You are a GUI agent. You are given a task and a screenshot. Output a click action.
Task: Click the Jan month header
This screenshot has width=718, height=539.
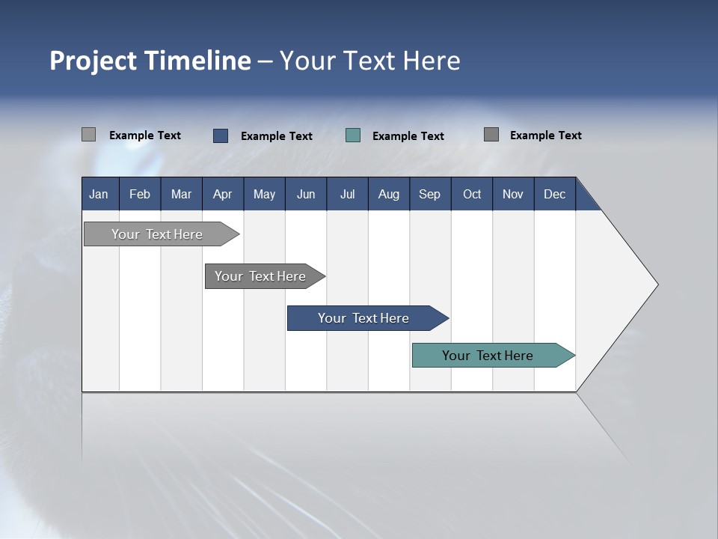point(99,194)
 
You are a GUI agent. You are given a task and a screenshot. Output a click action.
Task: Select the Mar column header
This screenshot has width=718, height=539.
point(181,194)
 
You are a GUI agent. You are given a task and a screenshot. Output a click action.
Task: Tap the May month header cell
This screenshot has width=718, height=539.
point(264,194)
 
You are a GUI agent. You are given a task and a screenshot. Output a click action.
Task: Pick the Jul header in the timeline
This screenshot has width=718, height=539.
point(347,194)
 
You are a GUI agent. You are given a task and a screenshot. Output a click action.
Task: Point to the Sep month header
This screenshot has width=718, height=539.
point(429,194)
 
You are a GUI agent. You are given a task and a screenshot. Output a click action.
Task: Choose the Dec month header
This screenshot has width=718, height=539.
point(554,194)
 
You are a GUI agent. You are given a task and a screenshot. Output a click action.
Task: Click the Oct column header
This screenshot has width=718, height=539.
point(472,194)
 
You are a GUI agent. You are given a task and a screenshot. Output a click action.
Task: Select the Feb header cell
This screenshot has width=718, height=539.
point(140,194)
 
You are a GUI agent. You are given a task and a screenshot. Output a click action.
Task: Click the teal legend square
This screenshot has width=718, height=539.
point(353,135)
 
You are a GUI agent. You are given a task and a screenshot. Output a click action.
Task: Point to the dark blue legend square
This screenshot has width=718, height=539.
point(221,135)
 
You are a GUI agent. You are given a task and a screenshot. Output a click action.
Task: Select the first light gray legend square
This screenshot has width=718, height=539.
point(88,135)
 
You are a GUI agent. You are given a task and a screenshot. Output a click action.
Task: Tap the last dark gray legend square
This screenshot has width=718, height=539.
point(491,135)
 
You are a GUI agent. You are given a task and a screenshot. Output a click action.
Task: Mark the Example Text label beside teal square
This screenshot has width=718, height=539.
point(408,136)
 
